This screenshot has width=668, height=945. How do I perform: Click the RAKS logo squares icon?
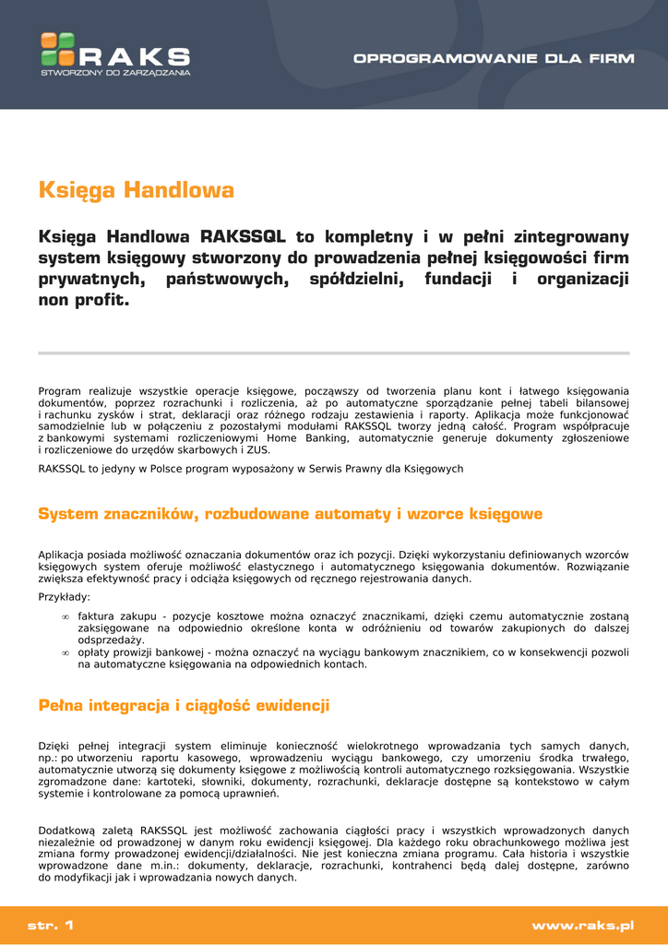coord(57,48)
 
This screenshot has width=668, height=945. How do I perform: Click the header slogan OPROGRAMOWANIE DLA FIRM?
coord(494,58)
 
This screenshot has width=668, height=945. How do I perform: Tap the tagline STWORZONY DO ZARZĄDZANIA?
coord(115,72)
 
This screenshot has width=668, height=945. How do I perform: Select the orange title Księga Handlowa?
coord(137,191)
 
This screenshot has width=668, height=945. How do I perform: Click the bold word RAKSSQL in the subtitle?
coord(243,236)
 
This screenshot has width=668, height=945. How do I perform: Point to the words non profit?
coord(84,300)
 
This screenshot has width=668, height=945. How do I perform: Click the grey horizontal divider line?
coord(333,353)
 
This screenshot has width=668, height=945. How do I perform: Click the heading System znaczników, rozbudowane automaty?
coord(290,514)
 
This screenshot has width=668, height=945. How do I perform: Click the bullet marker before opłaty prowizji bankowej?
coord(65,652)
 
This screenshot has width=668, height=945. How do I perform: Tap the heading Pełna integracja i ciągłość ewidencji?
coord(184,706)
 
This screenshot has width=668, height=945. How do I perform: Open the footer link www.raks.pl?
coord(582,925)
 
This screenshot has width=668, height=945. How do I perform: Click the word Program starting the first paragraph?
coord(58,390)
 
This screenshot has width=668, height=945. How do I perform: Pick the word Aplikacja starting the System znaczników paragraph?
coord(63,555)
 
